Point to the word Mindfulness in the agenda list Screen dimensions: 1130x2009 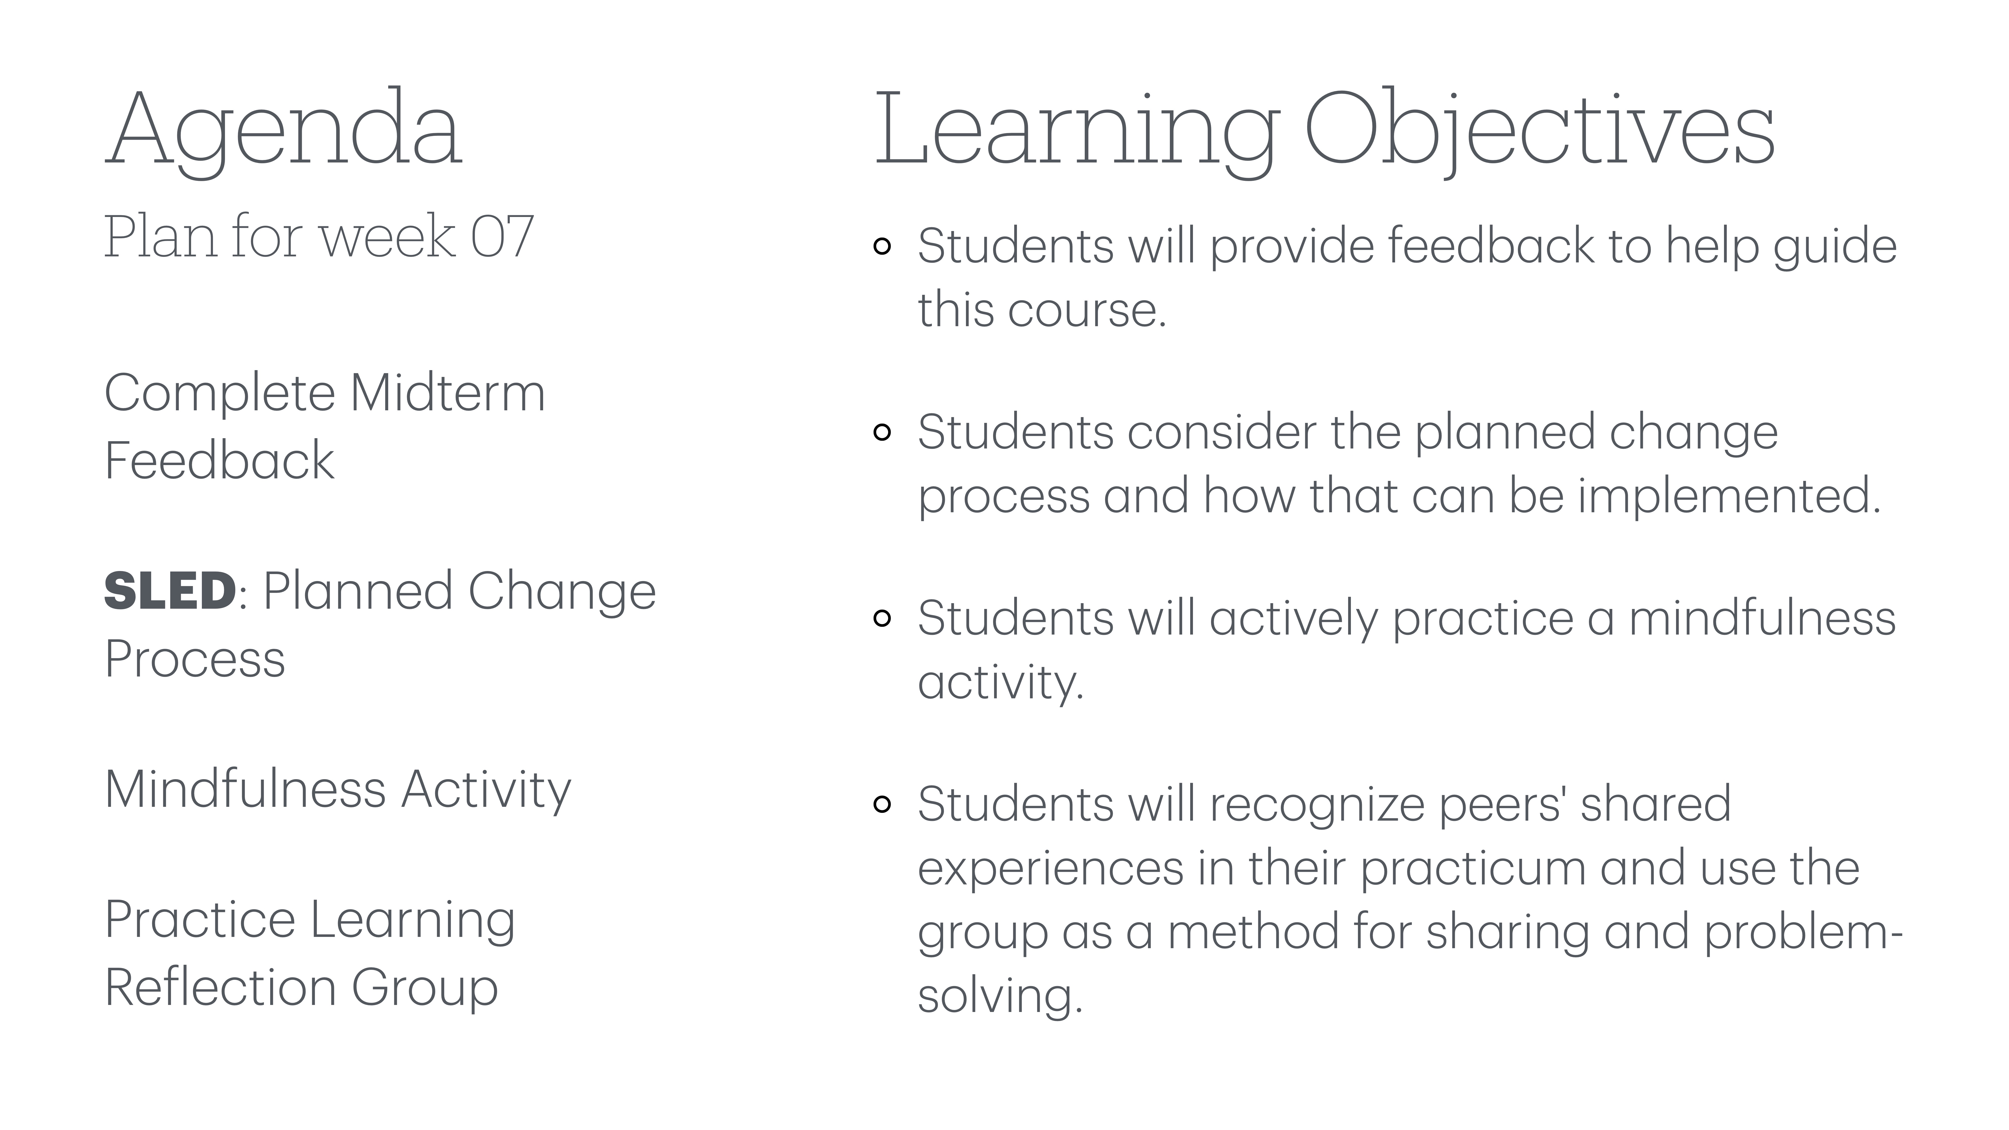(x=245, y=789)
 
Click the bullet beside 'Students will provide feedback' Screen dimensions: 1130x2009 (x=882, y=246)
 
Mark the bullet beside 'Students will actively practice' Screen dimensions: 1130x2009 (x=882, y=618)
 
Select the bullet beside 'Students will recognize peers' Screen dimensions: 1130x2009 (x=882, y=804)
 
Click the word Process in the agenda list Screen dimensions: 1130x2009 (x=195, y=659)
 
